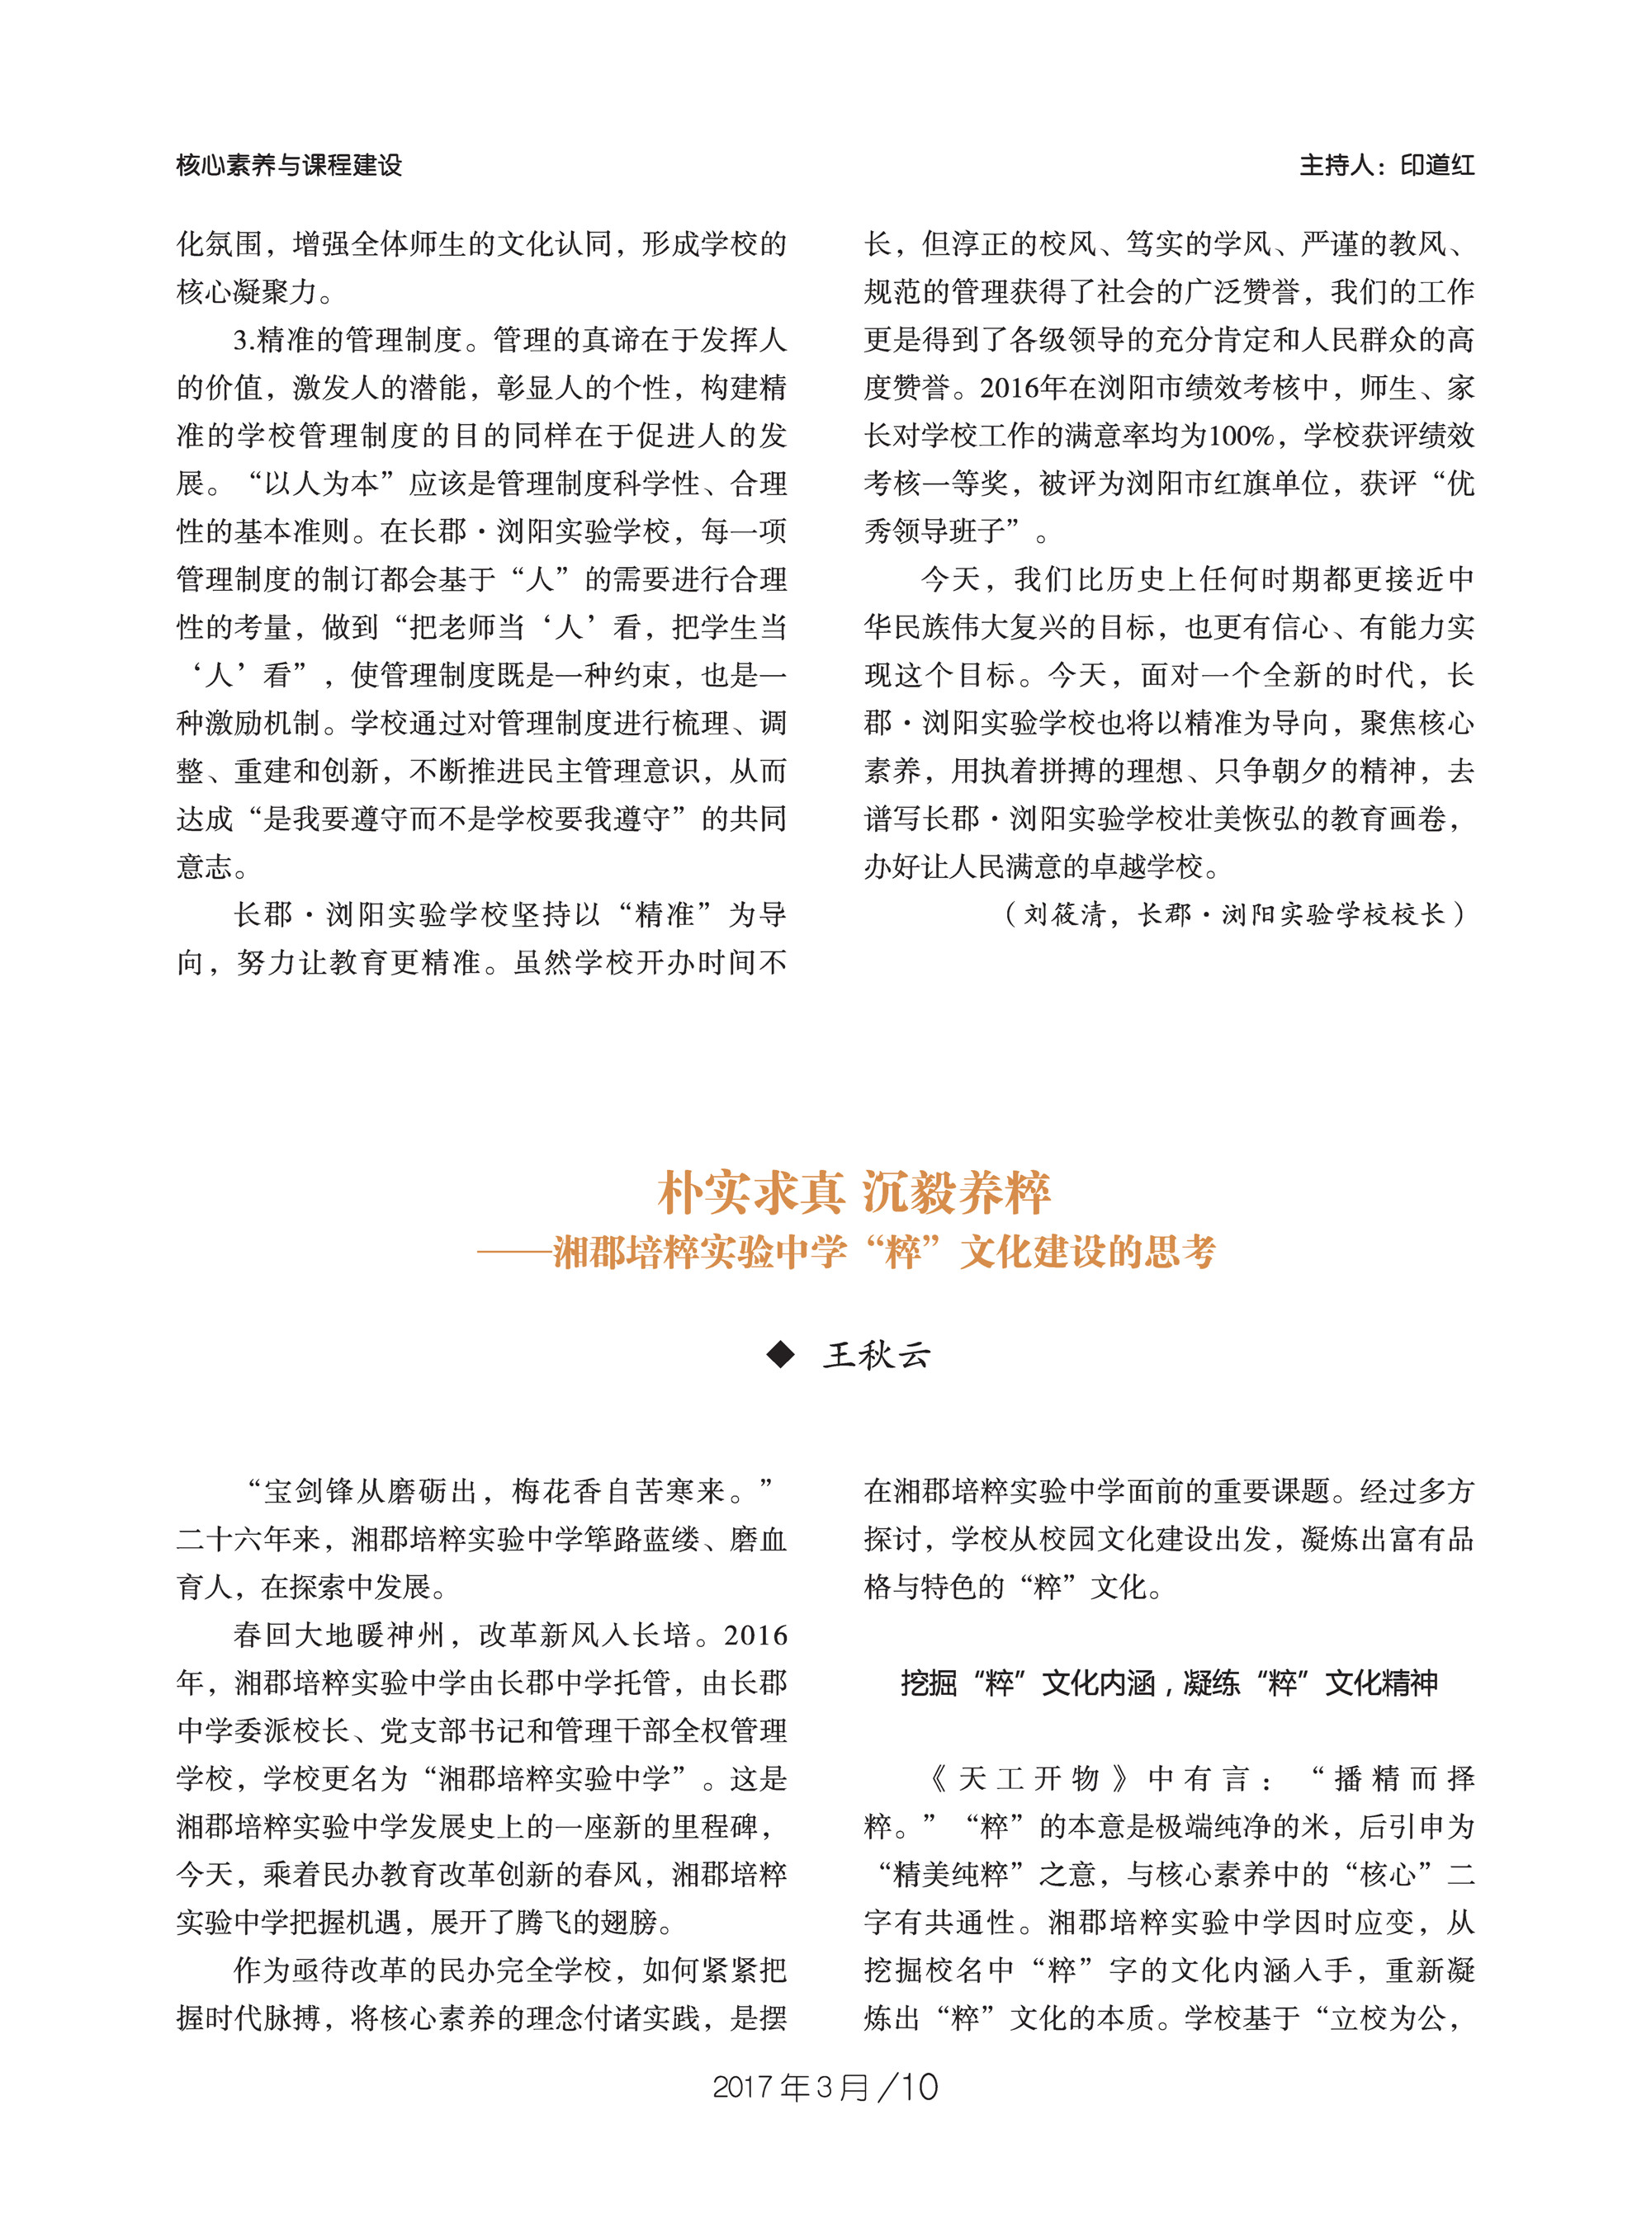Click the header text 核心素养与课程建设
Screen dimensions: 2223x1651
[289, 165]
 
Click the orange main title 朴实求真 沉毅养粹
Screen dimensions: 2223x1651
[854, 1192]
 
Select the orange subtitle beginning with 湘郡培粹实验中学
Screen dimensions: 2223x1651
[883, 1253]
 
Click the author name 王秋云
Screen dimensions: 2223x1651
[877, 1355]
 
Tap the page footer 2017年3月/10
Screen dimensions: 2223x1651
[825, 2087]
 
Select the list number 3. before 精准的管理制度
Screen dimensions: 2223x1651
[244, 341]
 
